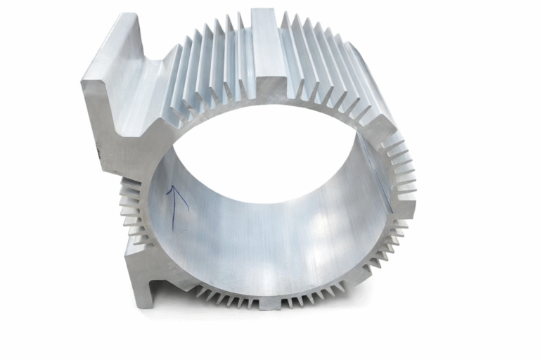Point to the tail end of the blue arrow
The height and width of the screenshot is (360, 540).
pos(174,229)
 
